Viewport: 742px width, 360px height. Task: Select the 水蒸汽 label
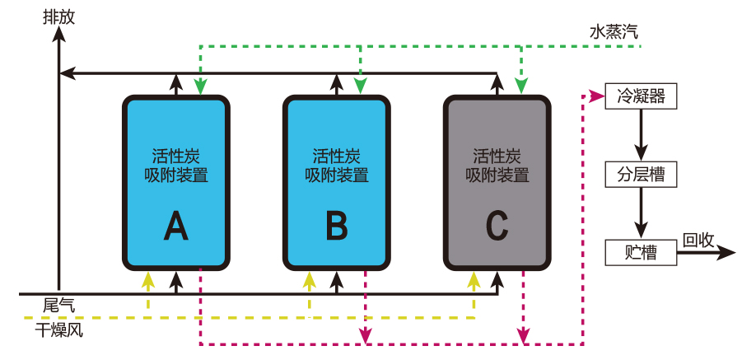[x=613, y=33]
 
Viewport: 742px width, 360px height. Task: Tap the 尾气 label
[x=58, y=306]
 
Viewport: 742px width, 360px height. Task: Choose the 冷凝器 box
[x=641, y=96]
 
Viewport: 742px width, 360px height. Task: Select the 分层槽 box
[x=641, y=175]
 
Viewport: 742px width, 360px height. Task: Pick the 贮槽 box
[x=641, y=253]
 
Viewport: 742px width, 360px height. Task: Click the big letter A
[x=175, y=226]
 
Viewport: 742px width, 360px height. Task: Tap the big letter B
[x=336, y=226]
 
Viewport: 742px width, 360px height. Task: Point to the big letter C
[x=497, y=226]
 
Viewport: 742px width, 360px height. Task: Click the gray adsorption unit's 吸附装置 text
[x=497, y=175]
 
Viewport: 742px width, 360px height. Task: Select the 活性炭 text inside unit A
[x=175, y=155]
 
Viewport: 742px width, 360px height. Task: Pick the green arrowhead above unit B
[x=359, y=86]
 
